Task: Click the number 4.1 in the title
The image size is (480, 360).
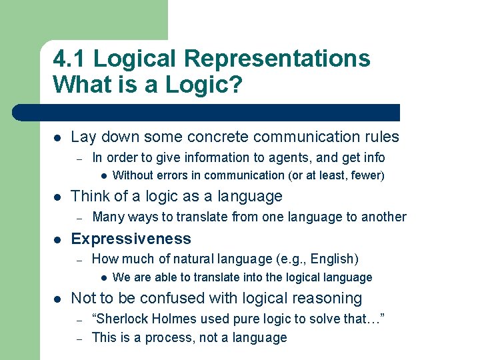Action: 69,59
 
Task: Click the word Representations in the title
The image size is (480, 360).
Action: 277,59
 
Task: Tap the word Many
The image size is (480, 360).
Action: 107,217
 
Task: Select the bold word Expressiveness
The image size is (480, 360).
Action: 131,239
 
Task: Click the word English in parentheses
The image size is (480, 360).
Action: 333,259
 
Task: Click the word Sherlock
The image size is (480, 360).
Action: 123,319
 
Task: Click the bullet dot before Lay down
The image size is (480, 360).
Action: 58,138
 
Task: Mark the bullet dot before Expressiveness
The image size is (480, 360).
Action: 58,239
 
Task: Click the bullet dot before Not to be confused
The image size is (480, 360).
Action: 58,299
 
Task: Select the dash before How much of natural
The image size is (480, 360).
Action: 78,259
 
